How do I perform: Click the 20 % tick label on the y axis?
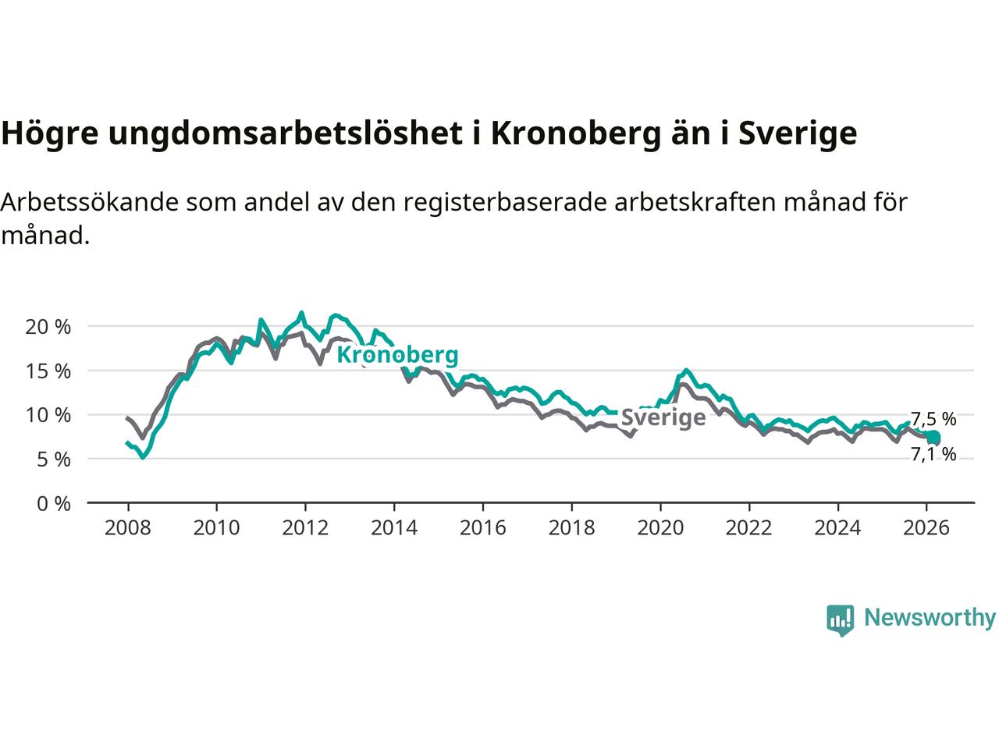(x=48, y=327)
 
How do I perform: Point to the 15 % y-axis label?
(x=48, y=371)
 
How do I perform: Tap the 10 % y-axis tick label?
(x=48, y=415)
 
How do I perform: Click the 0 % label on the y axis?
(x=53, y=504)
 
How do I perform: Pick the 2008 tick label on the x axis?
(x=127, y=528)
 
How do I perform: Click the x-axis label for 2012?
(x=305, y=528)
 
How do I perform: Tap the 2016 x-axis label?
(x=483, y=528)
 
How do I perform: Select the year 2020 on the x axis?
(x=660, y=528)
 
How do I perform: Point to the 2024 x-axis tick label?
(x=837, y=528)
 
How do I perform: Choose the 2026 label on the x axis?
(x=926, y=528)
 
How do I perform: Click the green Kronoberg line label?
(x=397, y=356)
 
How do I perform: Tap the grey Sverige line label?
(x=663, y=418)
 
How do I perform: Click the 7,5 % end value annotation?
(x=933, y=420)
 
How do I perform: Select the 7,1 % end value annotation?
(x=933, y=455)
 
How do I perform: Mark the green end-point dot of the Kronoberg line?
(x=933, y=438)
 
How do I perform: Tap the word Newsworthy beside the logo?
(x=930, y=618)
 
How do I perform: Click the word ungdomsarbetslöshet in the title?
(x=286, y=134)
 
